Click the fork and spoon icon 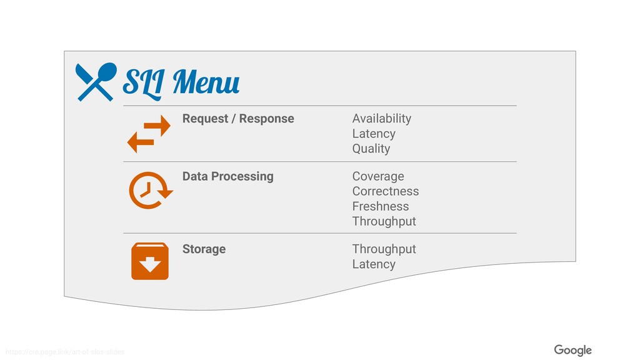[96, 82]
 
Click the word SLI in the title [142, 82]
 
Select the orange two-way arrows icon [149, 134]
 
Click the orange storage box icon [150, 261]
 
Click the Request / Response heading [238, 119]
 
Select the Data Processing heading [227, 176]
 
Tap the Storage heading [204, 249]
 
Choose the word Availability [381, 119]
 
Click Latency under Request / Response [374, 134]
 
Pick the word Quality [371, 149]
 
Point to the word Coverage [378, 176]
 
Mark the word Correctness [385, 191]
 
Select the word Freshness [380, 206]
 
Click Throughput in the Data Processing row [384, 221]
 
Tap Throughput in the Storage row [384, 249]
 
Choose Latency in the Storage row [374, 264]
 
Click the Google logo [572, 350]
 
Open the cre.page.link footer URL [64, 352]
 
